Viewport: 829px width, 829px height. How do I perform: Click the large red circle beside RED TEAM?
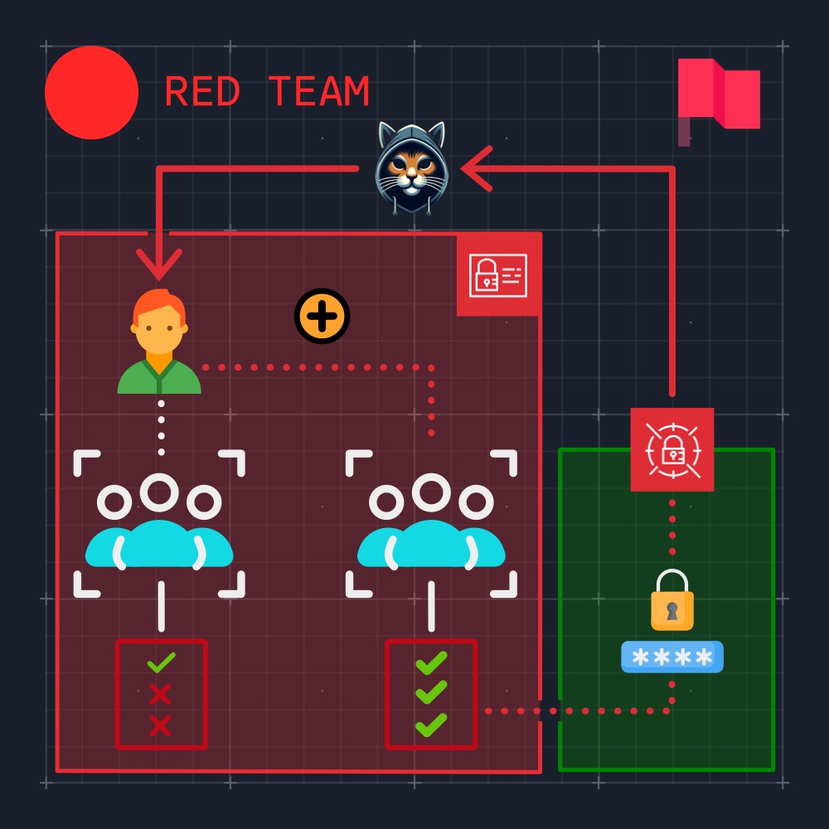91,93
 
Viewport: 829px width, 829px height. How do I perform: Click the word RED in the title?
202,91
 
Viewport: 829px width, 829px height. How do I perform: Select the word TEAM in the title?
319,91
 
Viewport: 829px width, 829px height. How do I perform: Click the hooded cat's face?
411,168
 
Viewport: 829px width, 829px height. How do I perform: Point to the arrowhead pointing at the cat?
477,168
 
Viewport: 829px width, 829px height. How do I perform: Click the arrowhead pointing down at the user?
158,264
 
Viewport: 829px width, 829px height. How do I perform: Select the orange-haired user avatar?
159,341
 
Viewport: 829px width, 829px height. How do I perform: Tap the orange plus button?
322,316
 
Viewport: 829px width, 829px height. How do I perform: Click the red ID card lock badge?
498,275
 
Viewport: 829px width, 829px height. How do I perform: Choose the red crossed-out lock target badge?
672,449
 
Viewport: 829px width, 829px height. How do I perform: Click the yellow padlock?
672,600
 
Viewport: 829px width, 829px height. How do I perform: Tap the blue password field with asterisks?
672,657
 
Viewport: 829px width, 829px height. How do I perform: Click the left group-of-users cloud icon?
159,523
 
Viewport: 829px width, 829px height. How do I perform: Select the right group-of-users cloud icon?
431,523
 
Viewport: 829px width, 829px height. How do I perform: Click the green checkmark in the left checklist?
162,662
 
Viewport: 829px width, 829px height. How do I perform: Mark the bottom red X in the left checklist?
160,725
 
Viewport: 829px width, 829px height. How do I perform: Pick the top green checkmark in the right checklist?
431,663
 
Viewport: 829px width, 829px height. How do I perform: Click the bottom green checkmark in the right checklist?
431,725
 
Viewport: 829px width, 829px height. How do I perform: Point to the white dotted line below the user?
162,428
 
